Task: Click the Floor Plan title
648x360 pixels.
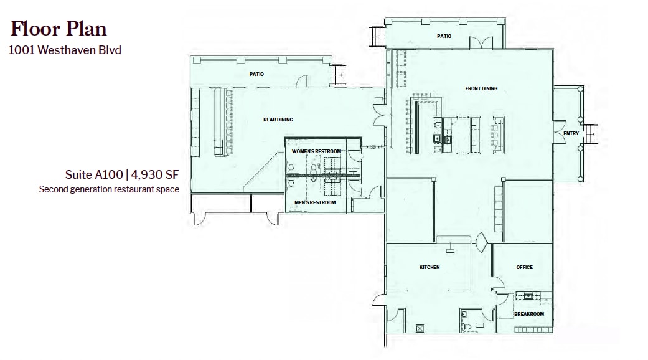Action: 59,29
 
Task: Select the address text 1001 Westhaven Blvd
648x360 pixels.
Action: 65,50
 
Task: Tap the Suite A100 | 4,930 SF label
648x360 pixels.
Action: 122,174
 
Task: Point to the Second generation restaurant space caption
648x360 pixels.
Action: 109,189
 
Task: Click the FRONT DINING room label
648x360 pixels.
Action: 481,88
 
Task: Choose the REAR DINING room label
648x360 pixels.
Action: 278,120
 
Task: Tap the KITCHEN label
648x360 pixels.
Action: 430,267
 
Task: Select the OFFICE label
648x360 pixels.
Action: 524,267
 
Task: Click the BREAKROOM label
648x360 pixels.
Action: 529,314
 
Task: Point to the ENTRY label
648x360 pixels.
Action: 571,133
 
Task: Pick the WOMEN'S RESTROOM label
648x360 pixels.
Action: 317,151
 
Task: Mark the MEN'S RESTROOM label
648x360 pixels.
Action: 315,202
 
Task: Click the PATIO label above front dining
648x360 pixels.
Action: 444,36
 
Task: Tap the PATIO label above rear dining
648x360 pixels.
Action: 256,74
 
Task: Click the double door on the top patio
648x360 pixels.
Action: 481,42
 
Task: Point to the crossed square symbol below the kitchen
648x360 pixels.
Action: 420,329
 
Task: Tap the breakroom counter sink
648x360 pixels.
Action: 528,295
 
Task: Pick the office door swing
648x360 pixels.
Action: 498,283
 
